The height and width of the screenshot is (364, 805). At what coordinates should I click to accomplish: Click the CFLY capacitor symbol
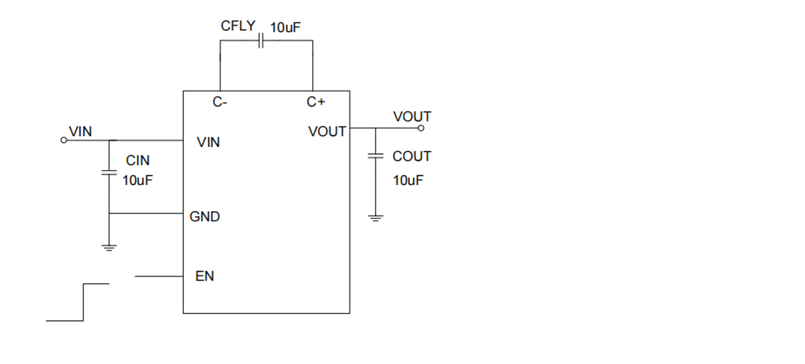click(x=261, y=41)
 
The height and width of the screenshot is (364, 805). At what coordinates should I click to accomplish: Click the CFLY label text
click(x=238, y=26)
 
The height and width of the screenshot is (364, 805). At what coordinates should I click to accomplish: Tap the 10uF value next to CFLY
click(x=285, y=28)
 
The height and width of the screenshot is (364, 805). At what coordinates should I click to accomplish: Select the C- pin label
click(x=220, y=101)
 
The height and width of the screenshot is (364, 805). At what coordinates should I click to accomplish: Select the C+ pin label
click(x=316, y=101)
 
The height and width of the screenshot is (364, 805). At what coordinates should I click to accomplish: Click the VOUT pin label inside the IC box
click(x=327, y=132)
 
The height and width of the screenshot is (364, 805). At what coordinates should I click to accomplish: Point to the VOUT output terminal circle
click(x=421, y=128)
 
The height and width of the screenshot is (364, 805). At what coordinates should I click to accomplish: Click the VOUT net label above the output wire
click(x=412, y=117)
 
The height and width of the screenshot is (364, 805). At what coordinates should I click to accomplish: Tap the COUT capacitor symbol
click(x=375, y=156)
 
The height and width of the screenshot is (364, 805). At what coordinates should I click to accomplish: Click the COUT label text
click(x=412, y=157)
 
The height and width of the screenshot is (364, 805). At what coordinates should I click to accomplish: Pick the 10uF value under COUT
click(x=408, y=180)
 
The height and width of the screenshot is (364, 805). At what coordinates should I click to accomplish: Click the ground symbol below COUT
click(x=375, y=218)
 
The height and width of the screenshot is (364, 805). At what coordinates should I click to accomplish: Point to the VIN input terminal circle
click(x=64, y=140)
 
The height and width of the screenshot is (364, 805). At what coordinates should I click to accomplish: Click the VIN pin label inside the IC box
click(x=208, y=143)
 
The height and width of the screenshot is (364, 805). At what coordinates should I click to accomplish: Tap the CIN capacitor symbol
click(x=108, y=172)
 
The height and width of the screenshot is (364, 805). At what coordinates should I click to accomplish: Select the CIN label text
click(x=137, y=160)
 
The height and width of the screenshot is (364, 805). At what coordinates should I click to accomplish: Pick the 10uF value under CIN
click(x=137, y=180)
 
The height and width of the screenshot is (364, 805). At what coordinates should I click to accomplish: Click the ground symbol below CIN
click(x=108, y=247)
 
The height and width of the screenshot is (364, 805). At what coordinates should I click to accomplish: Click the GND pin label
click(x=205, y=217)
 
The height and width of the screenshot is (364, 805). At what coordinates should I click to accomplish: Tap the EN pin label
click(x=205, y=277)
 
